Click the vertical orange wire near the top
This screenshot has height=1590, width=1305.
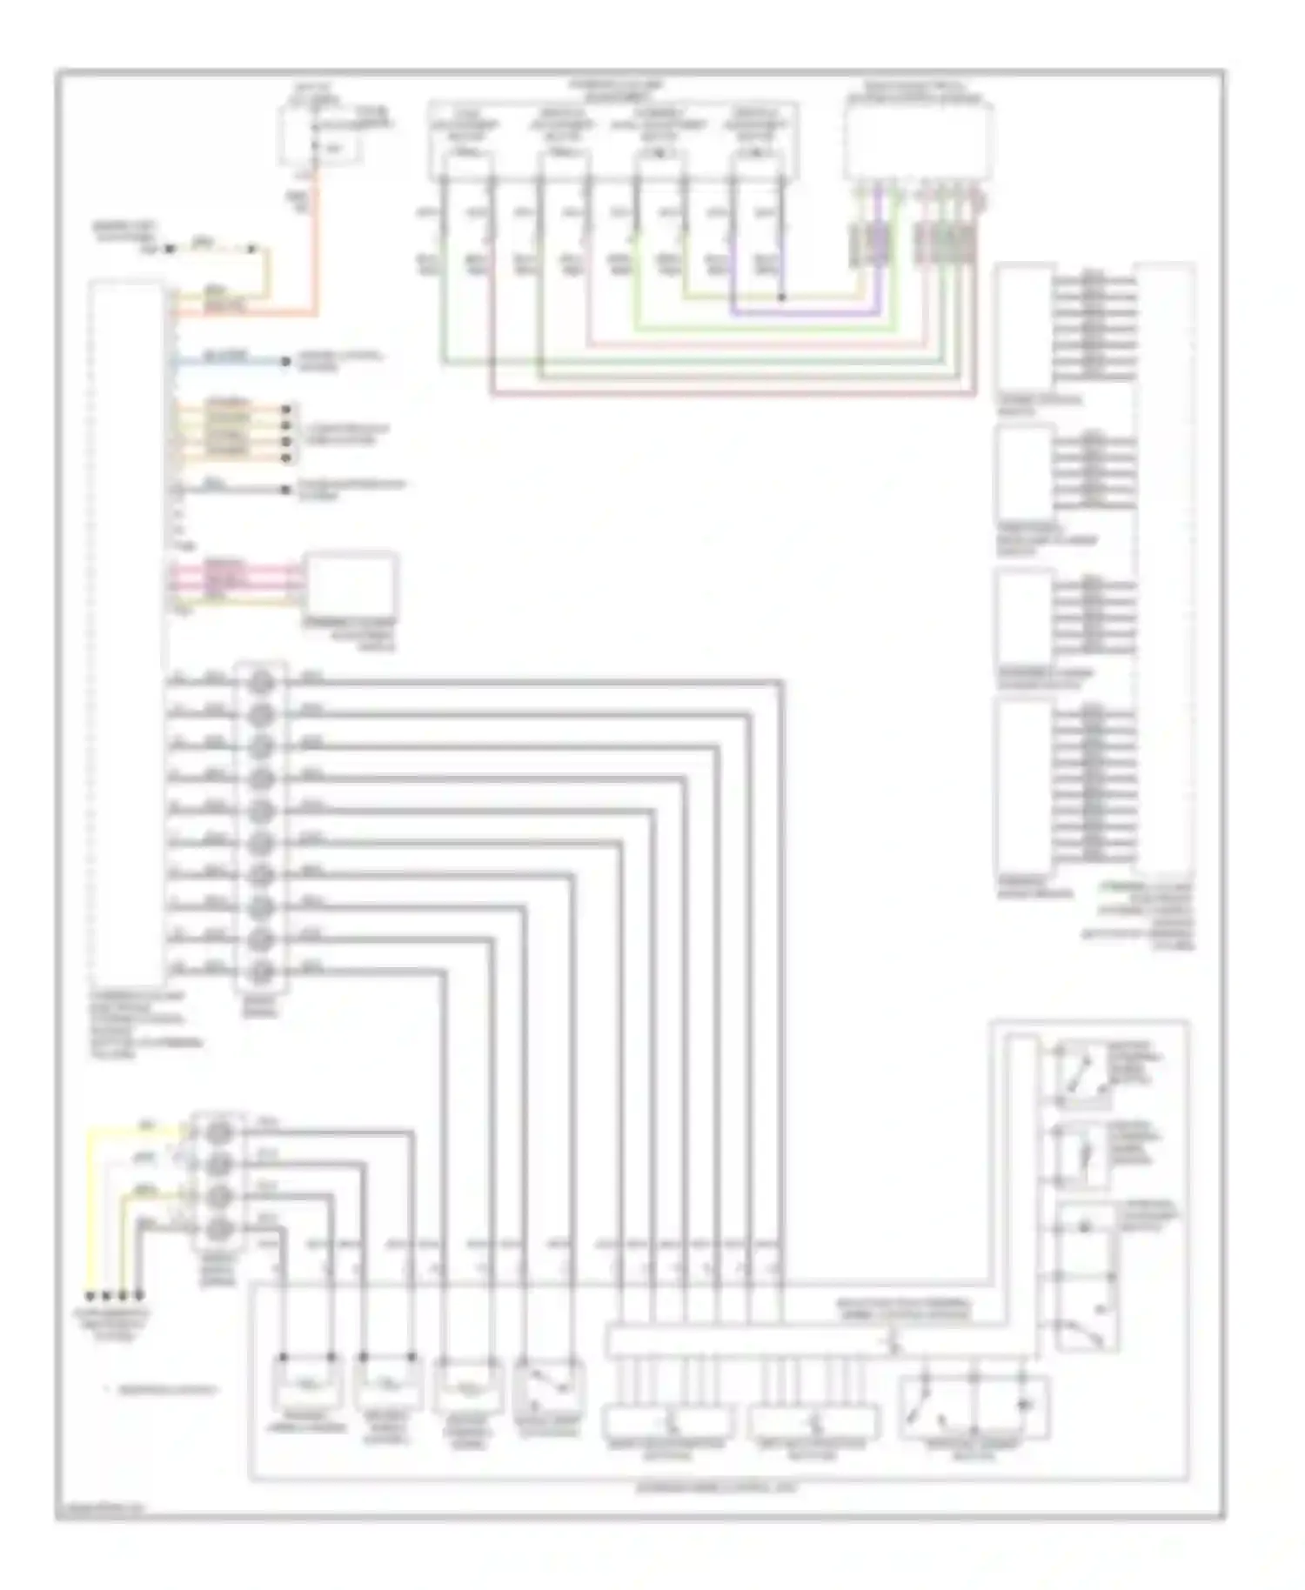[x=317, y=235]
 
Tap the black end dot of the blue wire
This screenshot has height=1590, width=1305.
[x=285, y=361]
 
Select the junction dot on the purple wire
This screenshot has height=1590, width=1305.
[x=781, y=297]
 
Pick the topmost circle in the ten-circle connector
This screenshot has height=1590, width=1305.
[x=261, y=682]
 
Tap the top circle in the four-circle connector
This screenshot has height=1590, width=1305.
[x=219, y=1132]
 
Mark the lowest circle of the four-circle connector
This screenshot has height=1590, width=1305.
[x=219, y=1228]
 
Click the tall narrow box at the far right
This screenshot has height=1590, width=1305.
[x=1165, y=565]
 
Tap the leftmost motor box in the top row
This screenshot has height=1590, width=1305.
[x=467, y=165]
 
